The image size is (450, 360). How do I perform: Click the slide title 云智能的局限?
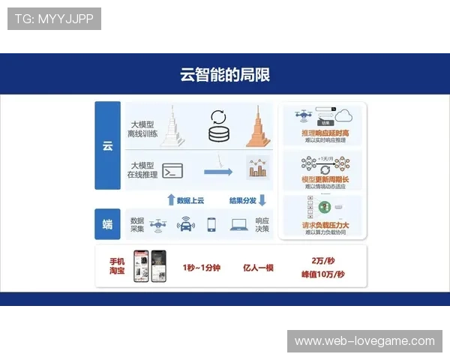[225, 74]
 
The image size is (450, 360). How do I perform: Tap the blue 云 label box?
[107, 145]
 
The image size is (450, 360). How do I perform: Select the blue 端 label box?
[107, 223]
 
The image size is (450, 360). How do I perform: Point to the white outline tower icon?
[174, 125]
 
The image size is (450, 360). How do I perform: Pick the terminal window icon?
[173, 170]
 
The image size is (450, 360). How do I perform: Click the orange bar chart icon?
[258, 168]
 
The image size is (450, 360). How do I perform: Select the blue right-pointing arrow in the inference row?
[218, 172]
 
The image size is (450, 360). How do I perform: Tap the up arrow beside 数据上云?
[171, 199]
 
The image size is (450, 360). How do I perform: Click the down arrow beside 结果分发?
[262, 199]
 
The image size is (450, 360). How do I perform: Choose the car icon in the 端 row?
[184, 223]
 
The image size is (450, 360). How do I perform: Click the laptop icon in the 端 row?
[239, 223]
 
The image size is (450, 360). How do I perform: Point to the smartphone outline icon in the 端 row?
[211, 223]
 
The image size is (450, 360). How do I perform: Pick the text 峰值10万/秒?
[322, 274]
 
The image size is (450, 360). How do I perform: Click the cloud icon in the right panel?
[344, 115]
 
